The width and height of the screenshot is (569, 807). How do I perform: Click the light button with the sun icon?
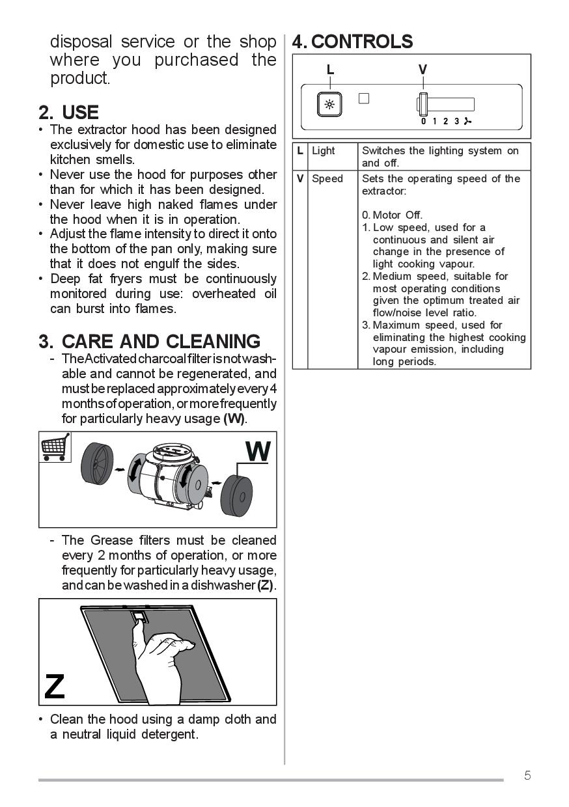[329, 104]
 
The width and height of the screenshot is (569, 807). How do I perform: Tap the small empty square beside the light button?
[364, 98]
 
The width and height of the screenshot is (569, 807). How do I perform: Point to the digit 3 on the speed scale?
[457, 122]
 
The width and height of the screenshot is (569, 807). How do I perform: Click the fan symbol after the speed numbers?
[467, 122]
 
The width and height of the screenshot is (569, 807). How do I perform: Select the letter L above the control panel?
[330, 70]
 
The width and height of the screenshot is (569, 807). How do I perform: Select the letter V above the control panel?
[423, 70]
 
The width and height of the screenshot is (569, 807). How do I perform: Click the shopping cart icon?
[55, 447]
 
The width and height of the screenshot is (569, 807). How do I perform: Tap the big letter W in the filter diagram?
[258, 451]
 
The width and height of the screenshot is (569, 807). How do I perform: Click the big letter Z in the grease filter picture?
[55, 686]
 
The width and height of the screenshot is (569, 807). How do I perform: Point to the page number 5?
[527, 775]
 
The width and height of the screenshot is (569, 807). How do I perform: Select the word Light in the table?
[323, 151]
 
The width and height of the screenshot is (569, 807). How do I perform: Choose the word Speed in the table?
[327, 179]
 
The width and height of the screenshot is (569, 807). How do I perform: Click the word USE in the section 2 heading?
[80, 112]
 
